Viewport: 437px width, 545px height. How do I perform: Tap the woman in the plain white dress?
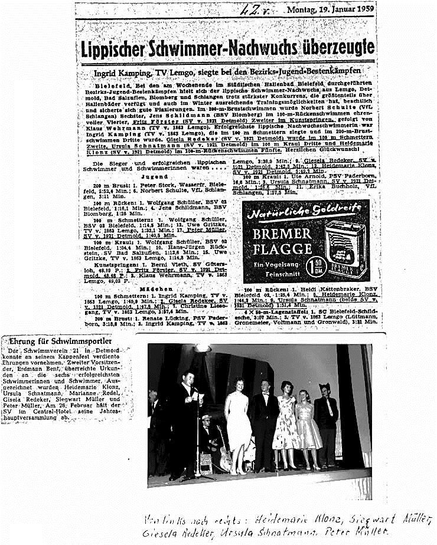[x=239, y=423]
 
